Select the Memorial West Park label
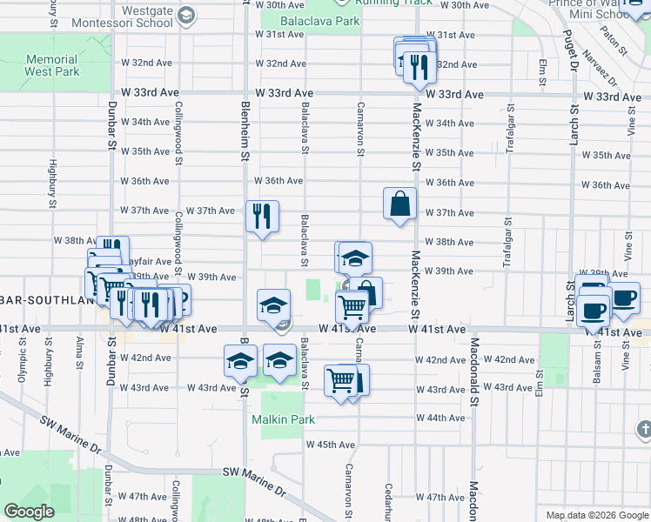coord(52,65)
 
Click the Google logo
coord(30,512)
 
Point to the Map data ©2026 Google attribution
coord(596,515)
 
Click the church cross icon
coord(643,428)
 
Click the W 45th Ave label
coord(330,445)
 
